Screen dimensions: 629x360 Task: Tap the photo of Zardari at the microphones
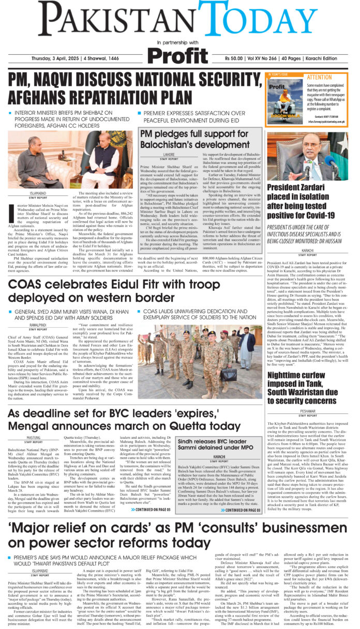[310, 155]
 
